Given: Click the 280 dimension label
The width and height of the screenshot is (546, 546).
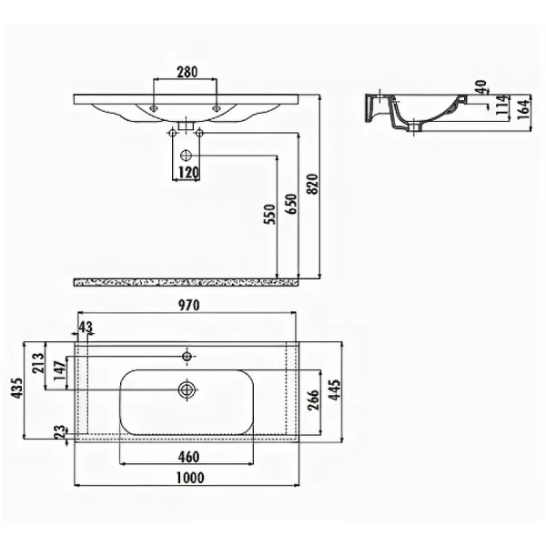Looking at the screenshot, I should pyautogui.click(x=187, y=72).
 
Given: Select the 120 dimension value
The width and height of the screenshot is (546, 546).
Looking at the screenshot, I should pyautogui.click(x=188, y=173).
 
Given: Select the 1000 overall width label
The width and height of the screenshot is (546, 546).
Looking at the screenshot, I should pyautogui.click(x=189, y=478).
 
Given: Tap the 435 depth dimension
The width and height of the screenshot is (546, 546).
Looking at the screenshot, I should pyautogui.click(x=15, y=389).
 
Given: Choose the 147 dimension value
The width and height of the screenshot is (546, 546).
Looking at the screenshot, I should pyautogui.click(x=61, y=373).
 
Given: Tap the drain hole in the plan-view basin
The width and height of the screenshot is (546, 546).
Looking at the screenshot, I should pyautogui.click(x=187, y=389).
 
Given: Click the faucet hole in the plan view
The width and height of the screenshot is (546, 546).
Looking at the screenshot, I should pyautogui.click(x=187, y=354).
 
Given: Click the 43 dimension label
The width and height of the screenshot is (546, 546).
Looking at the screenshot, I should pyautogui.click(x=86, y=327).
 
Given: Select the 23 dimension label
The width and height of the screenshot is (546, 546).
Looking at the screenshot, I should pyautogui.click(x=60, y=432).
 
